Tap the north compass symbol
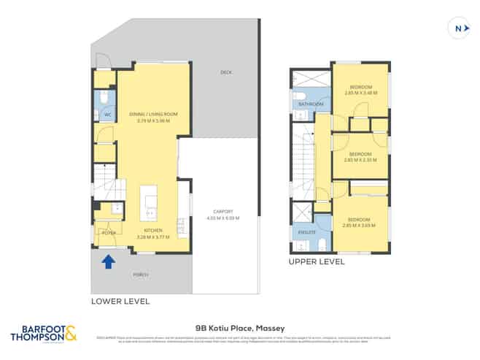coord(457,28)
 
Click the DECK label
coord(226,72)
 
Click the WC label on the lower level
coord(107,115)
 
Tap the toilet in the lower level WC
coord(105,97)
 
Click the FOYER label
coord(109,233)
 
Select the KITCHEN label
coord(153,231)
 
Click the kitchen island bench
coord(150,203)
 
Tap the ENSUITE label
coord(306,232)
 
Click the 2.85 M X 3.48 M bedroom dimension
coord(360,92)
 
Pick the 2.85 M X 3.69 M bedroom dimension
coord(360,225)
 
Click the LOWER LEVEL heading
coord(120,300)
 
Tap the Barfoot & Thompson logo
coord(42,334)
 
